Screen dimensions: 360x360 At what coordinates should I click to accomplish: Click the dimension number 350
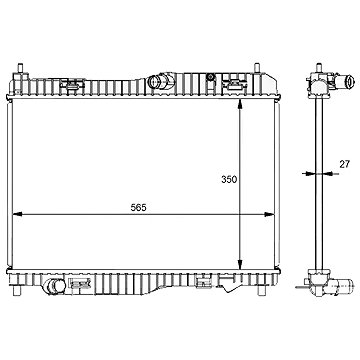click(229, 179)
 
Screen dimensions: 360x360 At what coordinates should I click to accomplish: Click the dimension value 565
click(138, 208)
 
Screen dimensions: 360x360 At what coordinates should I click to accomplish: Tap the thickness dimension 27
click(345, 164)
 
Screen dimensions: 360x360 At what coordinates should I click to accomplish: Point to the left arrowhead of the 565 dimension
click(17, 214)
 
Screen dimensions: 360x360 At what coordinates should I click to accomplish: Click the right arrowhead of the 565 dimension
click(269, 214)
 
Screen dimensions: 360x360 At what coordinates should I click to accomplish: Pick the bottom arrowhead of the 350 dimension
click(240, 264)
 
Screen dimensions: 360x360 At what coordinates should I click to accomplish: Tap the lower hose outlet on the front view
click(55, 287)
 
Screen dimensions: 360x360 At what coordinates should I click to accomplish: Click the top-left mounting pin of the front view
click(20, 68)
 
